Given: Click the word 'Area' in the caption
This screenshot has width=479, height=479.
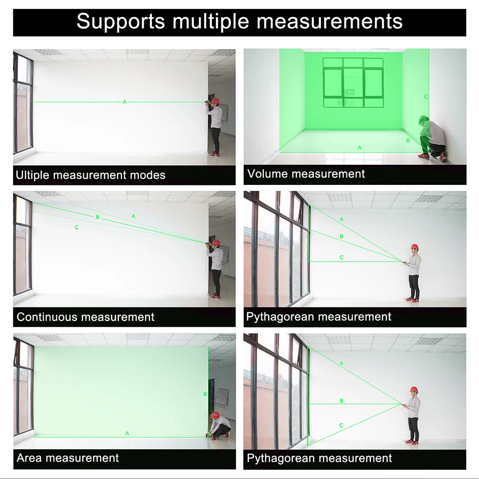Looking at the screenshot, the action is [x=29, y=458].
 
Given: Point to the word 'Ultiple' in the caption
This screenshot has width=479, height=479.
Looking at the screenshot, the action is [x=33, y=175].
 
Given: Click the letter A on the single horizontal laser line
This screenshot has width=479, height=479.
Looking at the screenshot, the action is [x=125, y=102].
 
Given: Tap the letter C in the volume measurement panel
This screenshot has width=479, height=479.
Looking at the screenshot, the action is [x=426, y=97].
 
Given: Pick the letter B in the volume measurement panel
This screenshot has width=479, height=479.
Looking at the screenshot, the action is [x=408, y=140].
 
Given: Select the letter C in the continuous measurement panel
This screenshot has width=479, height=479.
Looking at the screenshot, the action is [x=77, y=227].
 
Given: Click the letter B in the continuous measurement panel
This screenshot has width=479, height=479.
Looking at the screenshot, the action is [x=97, y=217].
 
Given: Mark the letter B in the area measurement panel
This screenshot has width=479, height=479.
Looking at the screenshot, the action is [x=205, y=394].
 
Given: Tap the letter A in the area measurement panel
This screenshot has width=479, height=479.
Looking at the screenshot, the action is [x=127, y=433].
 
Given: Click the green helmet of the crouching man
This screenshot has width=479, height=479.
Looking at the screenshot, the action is [x=423, y=119].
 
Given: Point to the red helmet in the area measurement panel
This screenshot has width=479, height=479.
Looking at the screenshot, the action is [x=215, y=415].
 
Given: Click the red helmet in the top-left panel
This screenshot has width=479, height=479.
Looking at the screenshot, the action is [x=216, y=101].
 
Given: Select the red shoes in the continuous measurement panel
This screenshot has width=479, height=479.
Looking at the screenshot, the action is [x=216, y=296].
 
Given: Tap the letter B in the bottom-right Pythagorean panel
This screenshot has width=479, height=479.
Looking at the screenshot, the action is [x=342, y=400].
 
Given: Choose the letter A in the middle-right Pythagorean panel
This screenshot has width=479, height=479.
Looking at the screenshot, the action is [x=342, y=219].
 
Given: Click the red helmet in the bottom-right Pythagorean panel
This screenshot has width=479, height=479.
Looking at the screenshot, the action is [x=414, y=389].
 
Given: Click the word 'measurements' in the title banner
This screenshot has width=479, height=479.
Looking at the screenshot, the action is [x=330, y=22].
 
